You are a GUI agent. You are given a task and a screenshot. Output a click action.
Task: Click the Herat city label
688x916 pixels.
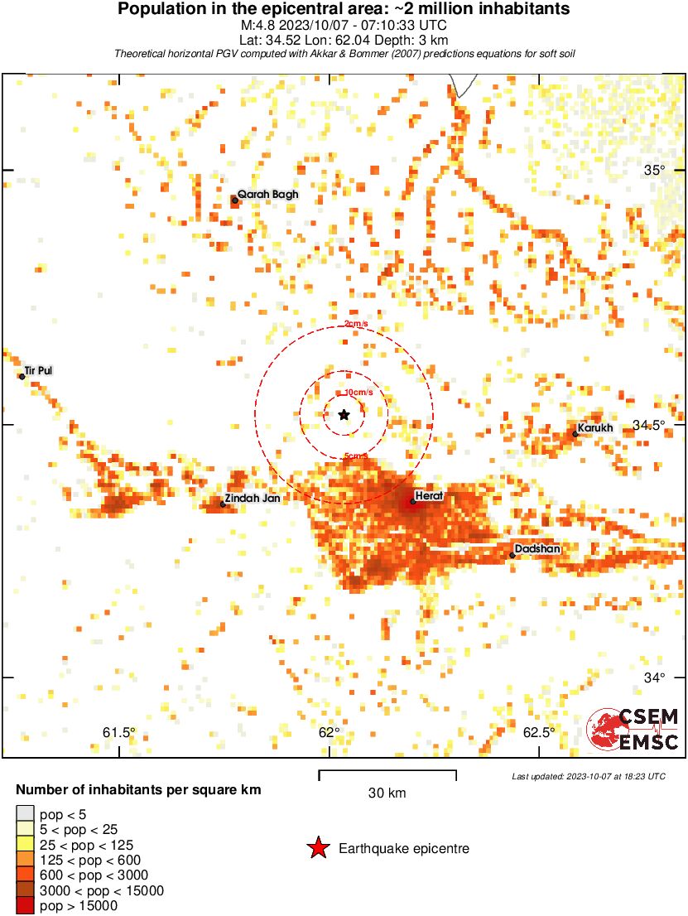click(429, 495)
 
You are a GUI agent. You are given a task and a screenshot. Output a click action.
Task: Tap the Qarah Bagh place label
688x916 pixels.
click(267, 195)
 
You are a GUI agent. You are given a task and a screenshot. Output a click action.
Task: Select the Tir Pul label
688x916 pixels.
click(39, 371)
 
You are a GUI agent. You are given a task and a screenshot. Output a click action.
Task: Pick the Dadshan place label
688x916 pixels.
click(537, 549)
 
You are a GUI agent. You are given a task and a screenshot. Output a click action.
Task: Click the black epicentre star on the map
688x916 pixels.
click(344, 414)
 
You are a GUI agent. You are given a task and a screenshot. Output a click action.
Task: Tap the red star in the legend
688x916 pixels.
click(317, 848)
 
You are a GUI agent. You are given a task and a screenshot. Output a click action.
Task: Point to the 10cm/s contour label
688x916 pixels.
click(353, 393)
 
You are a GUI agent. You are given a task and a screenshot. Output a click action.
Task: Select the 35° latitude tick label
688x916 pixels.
click(655, 171)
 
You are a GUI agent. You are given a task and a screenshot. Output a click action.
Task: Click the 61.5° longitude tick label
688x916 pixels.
click(119, 732)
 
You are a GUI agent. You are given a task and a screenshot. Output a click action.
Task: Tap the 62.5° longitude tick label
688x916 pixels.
click(539, 732)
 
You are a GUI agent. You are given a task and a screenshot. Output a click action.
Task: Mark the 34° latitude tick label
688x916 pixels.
click(655, 677)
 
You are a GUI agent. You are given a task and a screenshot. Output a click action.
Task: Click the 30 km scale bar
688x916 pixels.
click(387, 775)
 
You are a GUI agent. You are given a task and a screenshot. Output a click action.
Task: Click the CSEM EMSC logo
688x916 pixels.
click(634, 729)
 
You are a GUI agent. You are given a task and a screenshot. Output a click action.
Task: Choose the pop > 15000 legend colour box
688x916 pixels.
click(26, 905)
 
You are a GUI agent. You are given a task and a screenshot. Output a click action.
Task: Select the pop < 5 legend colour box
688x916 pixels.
click(26, 814)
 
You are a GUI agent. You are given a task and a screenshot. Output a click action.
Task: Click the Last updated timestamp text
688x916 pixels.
click(588, 776)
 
